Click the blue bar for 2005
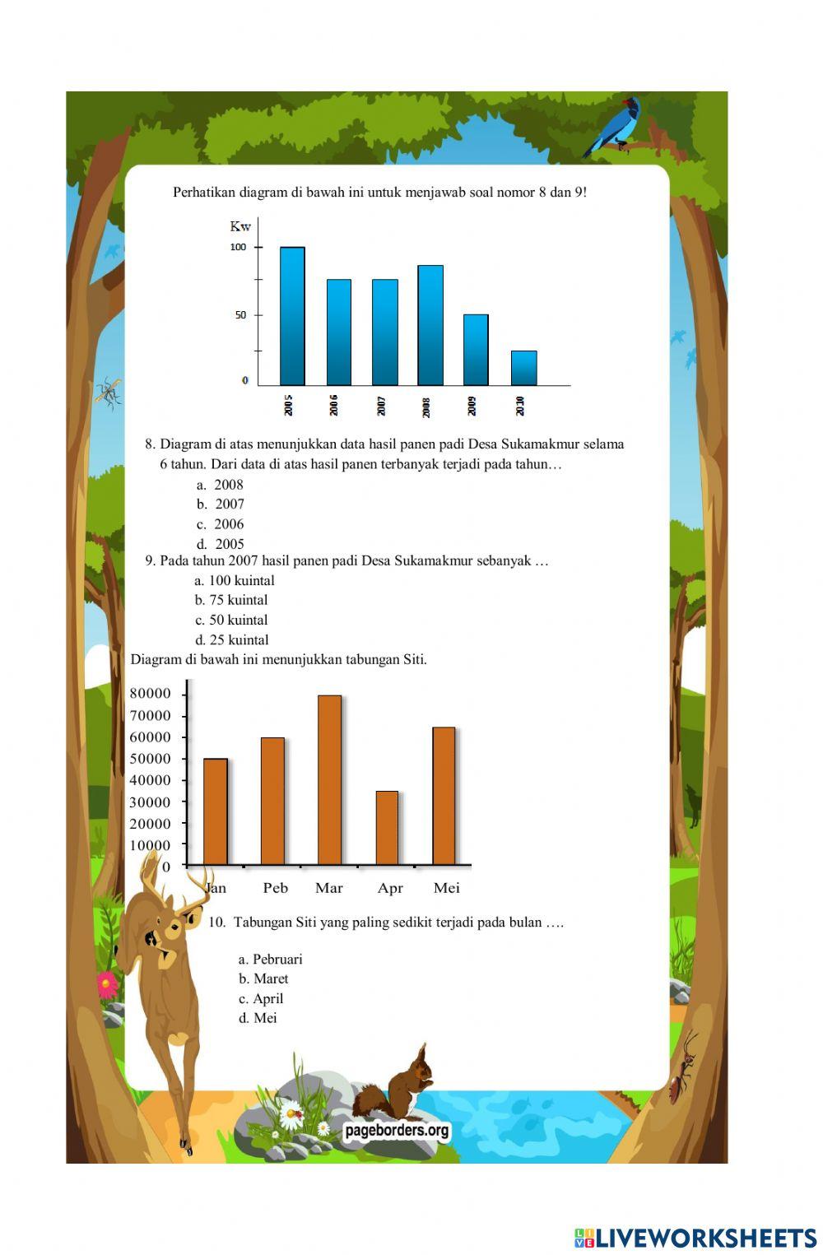(292, 316)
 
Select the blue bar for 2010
(523, 368)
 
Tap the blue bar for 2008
(430, 325)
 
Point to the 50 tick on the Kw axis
(240, 315)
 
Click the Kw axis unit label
(240, 226)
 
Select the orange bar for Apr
(387, 828)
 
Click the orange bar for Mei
(444, 796)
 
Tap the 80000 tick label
(151, 694)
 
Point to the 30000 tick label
(151, 802)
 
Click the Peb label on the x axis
(276, 888)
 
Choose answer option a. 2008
(221, 485)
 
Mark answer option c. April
(261, 998)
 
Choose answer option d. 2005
(221, 544)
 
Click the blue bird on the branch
(616, 128)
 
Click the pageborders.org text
(398, 1130)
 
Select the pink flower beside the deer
(107, 983)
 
